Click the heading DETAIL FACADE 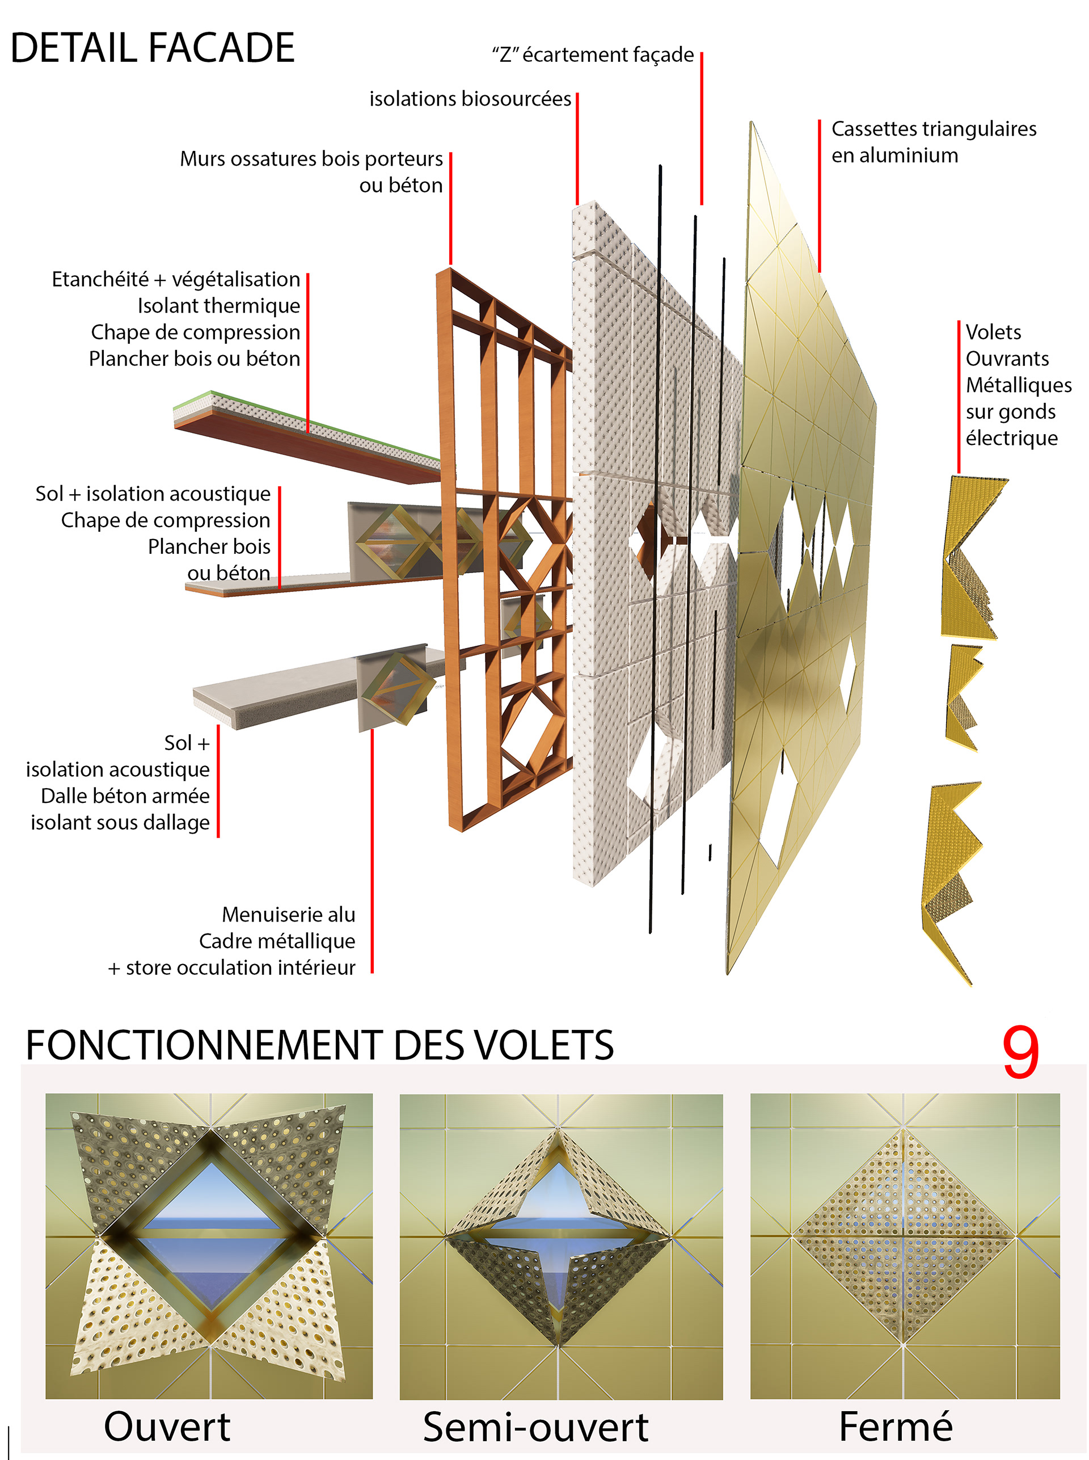(x=152, y=48)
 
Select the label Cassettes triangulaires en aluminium (x=933, y=142)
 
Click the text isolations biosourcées (x=470, y=99)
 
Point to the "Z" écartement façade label (x=593, y=54)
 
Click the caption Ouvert (x=167, y=1427)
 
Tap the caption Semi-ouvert (x=535, y=1427)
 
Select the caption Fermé (x=895, y=1427)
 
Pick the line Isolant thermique (x=218, y=306)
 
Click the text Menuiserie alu (x=288, y=914)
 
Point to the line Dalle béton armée (x=125, y=796)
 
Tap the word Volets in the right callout (x=993, y=332)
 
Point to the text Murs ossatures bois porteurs (x=311, y=159)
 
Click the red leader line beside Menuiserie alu (x=372, y=851)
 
